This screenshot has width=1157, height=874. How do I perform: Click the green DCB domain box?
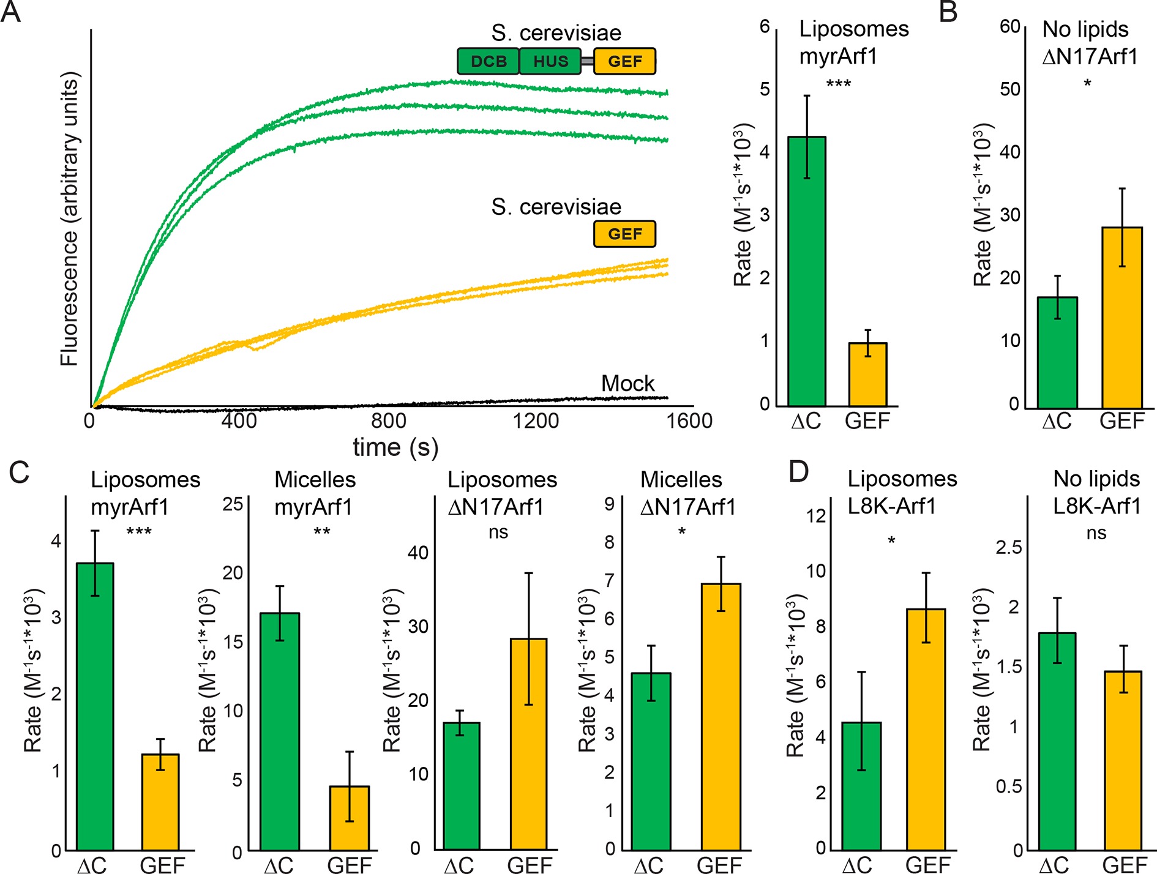pos(488,61)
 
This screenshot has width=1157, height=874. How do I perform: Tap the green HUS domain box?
pos(550,61)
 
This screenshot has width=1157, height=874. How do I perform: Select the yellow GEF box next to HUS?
pos(624,61)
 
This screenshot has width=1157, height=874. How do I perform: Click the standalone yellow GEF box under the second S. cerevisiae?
pos(624,234)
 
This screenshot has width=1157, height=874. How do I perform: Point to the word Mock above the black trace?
pos(627,384)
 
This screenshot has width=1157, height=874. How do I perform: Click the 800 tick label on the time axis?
pos(388,421)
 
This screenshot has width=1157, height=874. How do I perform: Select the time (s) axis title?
pos(395,447)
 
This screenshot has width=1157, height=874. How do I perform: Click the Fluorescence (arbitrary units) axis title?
pos(70,219)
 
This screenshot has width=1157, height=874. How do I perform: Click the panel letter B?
pos(948,12)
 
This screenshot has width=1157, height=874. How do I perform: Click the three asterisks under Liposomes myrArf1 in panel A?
pos(838,83)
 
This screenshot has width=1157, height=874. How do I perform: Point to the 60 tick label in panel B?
pos(1009,27)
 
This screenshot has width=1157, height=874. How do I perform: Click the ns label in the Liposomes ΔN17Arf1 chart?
pos(498,532)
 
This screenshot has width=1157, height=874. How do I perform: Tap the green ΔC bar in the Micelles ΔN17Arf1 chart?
pos(651,761)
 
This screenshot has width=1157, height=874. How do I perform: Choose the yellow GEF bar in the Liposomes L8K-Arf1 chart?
pos(926,729)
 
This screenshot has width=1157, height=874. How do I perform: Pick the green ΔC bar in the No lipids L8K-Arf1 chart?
pos(1057,741)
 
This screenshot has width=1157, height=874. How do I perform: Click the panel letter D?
pos(799,472)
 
